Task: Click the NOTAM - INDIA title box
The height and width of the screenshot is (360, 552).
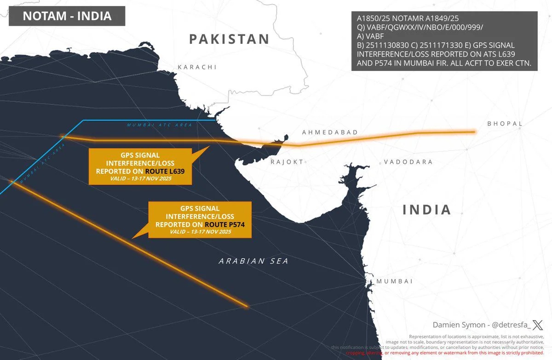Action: click(67, 16)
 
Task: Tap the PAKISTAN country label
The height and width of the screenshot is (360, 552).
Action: click(230, 39)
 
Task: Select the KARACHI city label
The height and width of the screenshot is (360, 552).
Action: click(197, 67)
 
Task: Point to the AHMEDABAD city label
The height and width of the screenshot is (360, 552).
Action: click(330, 132)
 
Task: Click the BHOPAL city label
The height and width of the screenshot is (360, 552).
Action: click(505, 124)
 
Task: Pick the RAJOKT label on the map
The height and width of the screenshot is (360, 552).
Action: click(287, 162)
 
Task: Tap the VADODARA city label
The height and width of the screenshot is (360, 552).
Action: click(408, 162)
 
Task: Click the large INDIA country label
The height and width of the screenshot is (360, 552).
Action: click(427, 210)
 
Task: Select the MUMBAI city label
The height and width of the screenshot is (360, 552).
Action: click(394, 281)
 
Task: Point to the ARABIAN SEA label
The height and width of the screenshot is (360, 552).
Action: click(253, 261)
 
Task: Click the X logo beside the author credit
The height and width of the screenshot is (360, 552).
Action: click(537, 325)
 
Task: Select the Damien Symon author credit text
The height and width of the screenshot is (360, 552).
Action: click(481, 325)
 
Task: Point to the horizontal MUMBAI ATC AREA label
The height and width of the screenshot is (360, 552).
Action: click(159, 125)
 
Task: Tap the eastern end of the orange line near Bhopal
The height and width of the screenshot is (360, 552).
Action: click(474, 132)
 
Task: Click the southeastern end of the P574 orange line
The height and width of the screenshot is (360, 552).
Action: click(247, 306)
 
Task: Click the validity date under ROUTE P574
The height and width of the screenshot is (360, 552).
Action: click(200, 232)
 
